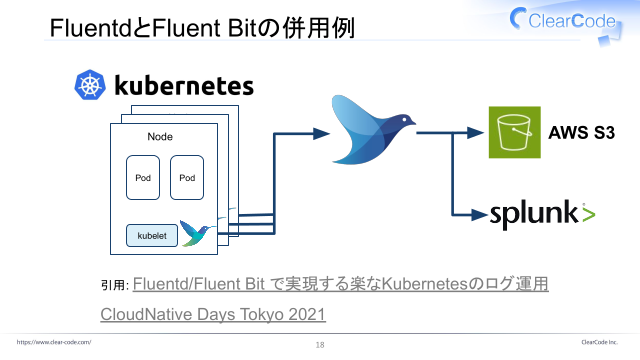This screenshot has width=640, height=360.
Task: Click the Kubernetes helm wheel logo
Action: click(90, 85)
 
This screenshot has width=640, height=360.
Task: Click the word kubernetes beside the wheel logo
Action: click(184, 85)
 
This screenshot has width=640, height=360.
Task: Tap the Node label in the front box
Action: click(160, 137)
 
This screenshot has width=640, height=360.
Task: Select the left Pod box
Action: click(143, 178)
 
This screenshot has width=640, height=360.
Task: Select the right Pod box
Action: click(187, 178)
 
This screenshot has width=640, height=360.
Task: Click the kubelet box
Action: click(152, 236)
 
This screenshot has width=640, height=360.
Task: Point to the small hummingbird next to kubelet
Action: click(196, 233)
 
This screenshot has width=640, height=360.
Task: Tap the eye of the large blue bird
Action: click(404, 120)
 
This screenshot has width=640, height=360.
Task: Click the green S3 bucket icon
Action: click(515, 132)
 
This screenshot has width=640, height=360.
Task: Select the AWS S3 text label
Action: click(581, 133)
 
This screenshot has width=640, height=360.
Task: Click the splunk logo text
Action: click(534, 214)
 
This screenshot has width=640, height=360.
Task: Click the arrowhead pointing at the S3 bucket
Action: click(475, 133)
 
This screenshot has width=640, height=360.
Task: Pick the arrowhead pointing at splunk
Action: click(479, 215)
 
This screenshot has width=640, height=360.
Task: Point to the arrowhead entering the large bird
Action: click(321, 133)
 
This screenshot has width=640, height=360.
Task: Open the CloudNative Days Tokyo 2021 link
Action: click(213, 314)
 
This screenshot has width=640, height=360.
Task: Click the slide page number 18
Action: click(320, 345)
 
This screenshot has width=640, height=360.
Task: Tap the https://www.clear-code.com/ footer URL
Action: click(54, 342)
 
